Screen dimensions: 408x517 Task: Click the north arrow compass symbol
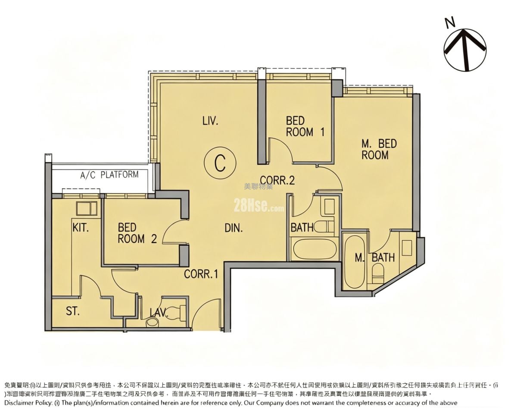click(465, 50)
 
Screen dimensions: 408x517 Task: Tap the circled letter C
click(220, 163)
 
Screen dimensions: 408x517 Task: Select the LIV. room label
click(210, 121)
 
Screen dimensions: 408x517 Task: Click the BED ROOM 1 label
click(305, 126)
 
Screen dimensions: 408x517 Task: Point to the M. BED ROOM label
click(379, 149)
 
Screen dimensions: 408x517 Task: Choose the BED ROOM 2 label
click(137, 233)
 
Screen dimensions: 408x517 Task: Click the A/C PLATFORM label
click(109, 175)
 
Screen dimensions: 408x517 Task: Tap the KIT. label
click(81, 228)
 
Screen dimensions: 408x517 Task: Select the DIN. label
click(234, 228)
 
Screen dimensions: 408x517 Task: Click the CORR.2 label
click(277, 180)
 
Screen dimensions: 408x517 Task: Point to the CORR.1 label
click(201, 274)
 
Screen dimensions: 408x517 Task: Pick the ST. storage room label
click(73, 311)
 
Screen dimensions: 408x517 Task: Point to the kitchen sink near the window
click(87, 208)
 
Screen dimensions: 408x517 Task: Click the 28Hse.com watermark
click(258, 206)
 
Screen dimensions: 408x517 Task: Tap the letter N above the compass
click(450, 22)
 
